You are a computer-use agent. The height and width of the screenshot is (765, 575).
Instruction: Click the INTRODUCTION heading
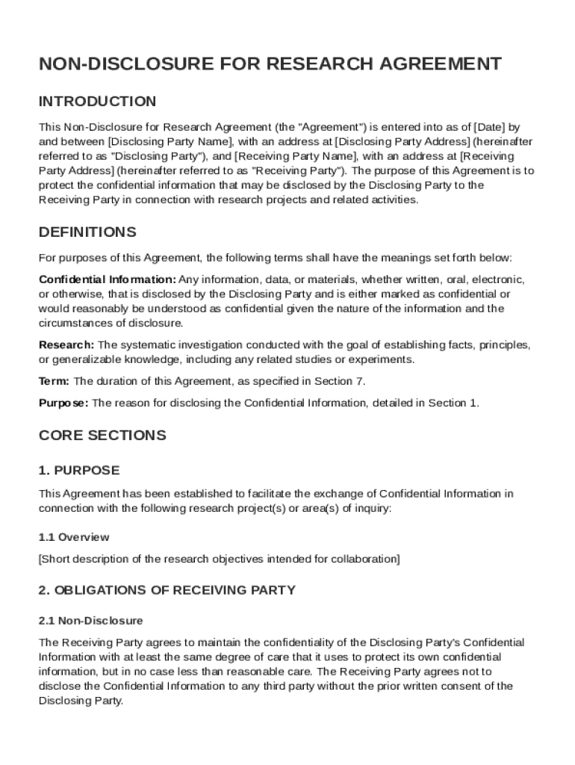97,102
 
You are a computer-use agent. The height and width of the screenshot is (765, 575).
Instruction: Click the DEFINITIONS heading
87,232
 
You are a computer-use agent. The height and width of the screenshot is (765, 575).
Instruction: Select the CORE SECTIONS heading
102,435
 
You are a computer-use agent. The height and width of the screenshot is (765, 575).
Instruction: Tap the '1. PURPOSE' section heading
78,471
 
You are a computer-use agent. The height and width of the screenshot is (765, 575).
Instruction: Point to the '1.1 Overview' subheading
74,537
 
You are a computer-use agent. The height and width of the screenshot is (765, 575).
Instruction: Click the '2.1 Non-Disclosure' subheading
90,621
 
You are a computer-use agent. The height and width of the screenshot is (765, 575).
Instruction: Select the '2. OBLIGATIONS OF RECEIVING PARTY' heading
167,590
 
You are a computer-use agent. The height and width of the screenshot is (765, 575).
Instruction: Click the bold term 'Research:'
66,344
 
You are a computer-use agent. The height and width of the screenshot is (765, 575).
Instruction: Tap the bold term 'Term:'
55,381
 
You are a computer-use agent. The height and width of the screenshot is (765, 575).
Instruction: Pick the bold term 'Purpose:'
63,403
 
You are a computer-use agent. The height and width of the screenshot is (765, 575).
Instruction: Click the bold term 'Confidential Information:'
108,279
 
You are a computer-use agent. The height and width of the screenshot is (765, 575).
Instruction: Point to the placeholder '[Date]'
489,127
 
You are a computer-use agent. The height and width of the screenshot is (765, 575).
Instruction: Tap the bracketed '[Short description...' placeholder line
220,559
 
